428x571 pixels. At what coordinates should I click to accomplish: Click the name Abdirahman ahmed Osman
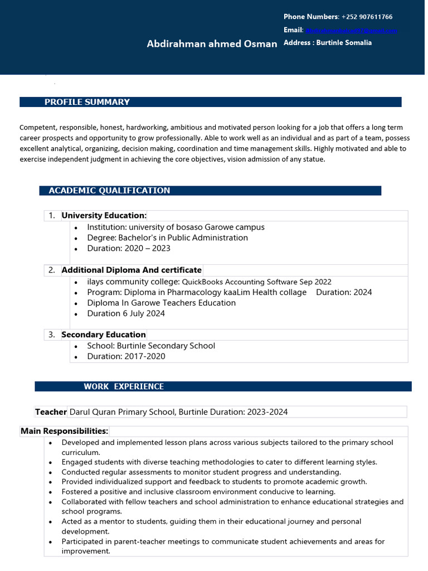212,44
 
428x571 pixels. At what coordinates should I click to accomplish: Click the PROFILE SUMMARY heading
87,102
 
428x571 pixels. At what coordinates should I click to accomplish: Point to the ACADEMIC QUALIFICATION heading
109,191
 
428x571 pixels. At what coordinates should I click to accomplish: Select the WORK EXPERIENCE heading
124,386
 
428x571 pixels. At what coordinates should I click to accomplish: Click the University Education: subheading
104,216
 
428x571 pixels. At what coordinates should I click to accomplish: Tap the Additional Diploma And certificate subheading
132,270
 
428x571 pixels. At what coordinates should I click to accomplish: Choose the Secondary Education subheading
104,335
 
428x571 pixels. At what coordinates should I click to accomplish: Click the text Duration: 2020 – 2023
129,248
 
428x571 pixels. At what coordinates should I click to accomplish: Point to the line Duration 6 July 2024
126,313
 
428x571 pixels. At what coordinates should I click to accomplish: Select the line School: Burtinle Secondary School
151,346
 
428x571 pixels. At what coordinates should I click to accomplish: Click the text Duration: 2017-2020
126,356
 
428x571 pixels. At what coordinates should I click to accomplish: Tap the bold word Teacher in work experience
51,412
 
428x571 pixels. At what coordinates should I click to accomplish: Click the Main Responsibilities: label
65,431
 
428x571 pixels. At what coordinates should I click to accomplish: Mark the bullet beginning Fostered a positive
198,492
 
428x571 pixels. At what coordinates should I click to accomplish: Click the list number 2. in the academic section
52,270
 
